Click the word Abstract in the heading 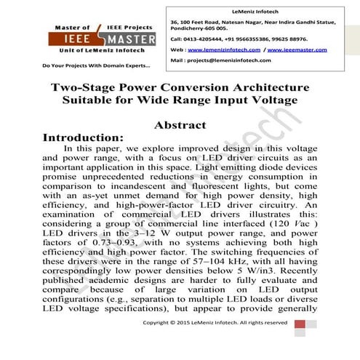point(180,124)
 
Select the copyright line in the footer point(225,342)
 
